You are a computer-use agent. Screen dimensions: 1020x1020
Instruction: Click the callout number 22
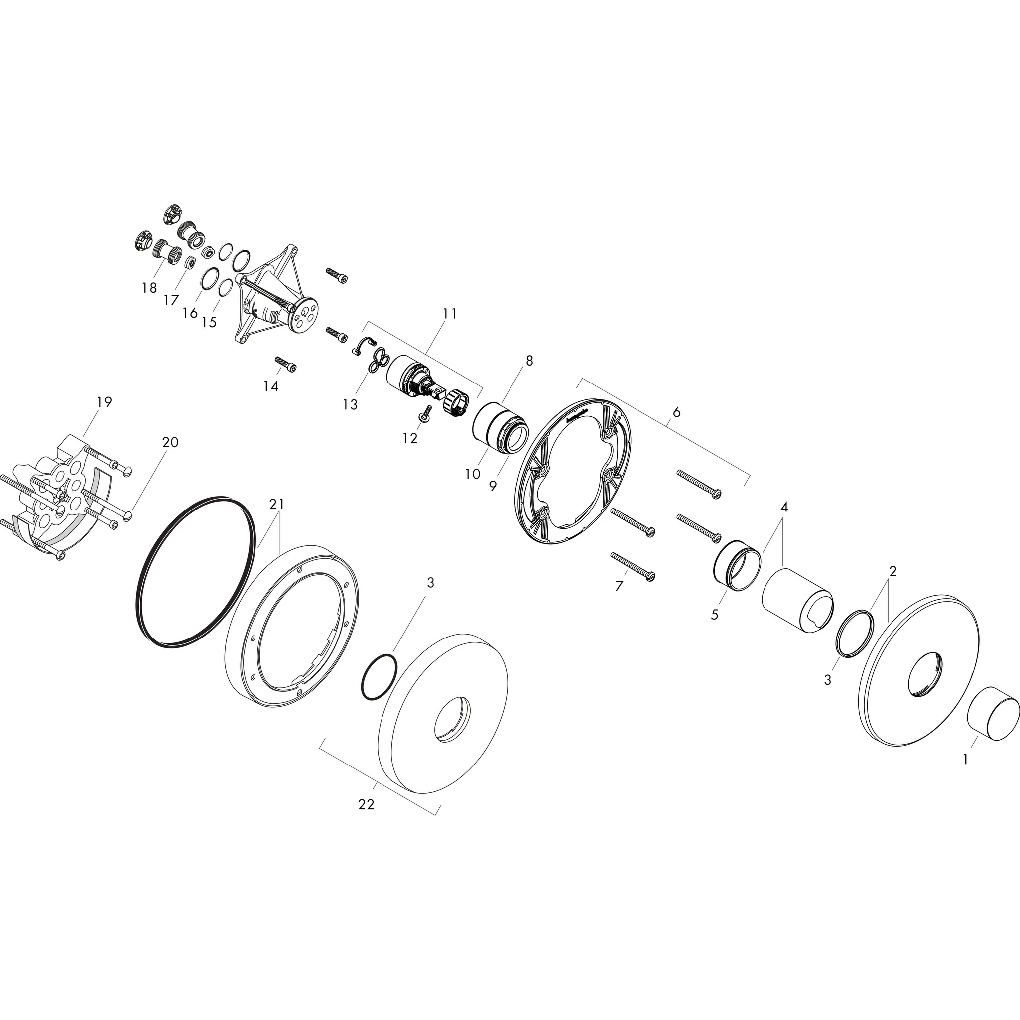click(366, 804)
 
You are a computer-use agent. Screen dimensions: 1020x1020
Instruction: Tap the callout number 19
click(105, 402)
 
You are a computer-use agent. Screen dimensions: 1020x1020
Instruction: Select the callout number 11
click(449, 314)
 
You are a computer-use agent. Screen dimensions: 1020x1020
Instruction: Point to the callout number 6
click(677, 412)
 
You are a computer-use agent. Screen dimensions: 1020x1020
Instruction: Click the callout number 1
click(966, 759)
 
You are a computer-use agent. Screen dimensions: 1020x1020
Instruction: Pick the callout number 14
click(271, 386)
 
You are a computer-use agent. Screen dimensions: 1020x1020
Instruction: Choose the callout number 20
click(170, 442)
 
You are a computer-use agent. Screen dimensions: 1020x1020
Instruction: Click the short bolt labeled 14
click(285, 364)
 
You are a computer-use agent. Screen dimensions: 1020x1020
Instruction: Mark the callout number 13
click(350, 404)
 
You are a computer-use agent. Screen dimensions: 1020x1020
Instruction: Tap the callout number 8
click(529, 361)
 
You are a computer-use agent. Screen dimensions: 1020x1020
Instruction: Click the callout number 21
click(277, 504)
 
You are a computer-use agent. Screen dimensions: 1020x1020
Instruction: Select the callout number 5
click(714, 615)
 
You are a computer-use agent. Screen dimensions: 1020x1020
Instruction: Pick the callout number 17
click(171, 300)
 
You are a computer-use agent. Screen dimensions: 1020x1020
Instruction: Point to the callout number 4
click(784, 507)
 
